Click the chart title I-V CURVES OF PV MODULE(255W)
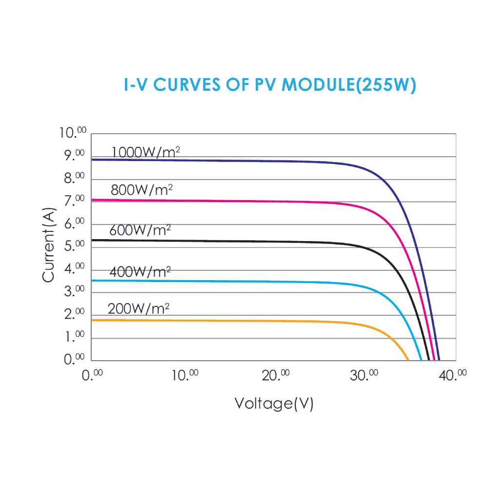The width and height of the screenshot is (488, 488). (270, 85)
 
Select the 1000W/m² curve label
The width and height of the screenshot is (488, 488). (146, 152)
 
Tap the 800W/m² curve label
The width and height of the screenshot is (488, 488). (142, 190)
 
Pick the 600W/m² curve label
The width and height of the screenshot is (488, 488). (140, 230)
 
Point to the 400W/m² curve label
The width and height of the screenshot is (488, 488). (140, 271)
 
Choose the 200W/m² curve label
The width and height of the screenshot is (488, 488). (139, 309)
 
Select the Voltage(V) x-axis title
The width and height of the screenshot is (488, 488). (274, 404)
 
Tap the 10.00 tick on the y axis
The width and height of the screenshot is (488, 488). (73, 133)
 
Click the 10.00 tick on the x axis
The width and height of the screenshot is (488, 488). (184, 375)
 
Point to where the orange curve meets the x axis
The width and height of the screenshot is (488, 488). (408, 360)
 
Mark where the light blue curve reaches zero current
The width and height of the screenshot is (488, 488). (421, 360)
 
